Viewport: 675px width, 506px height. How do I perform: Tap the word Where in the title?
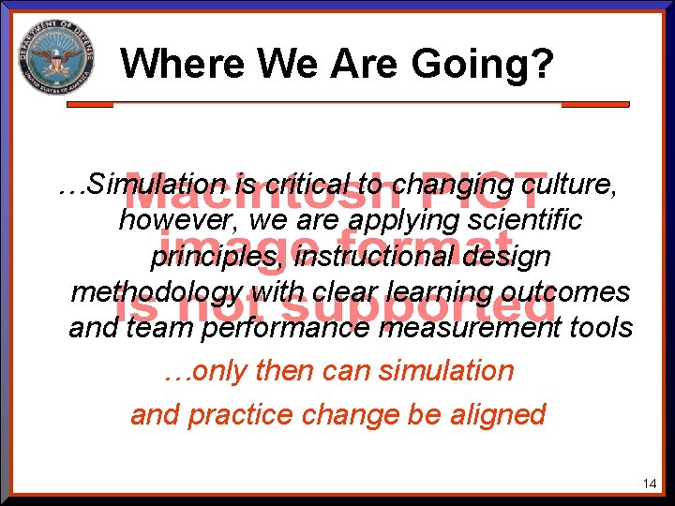coord(174,64)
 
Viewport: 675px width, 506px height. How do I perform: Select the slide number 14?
coord(650,484)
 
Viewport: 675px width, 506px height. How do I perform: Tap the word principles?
coord(217,256)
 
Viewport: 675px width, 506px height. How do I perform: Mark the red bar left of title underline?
coord(90,103)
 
